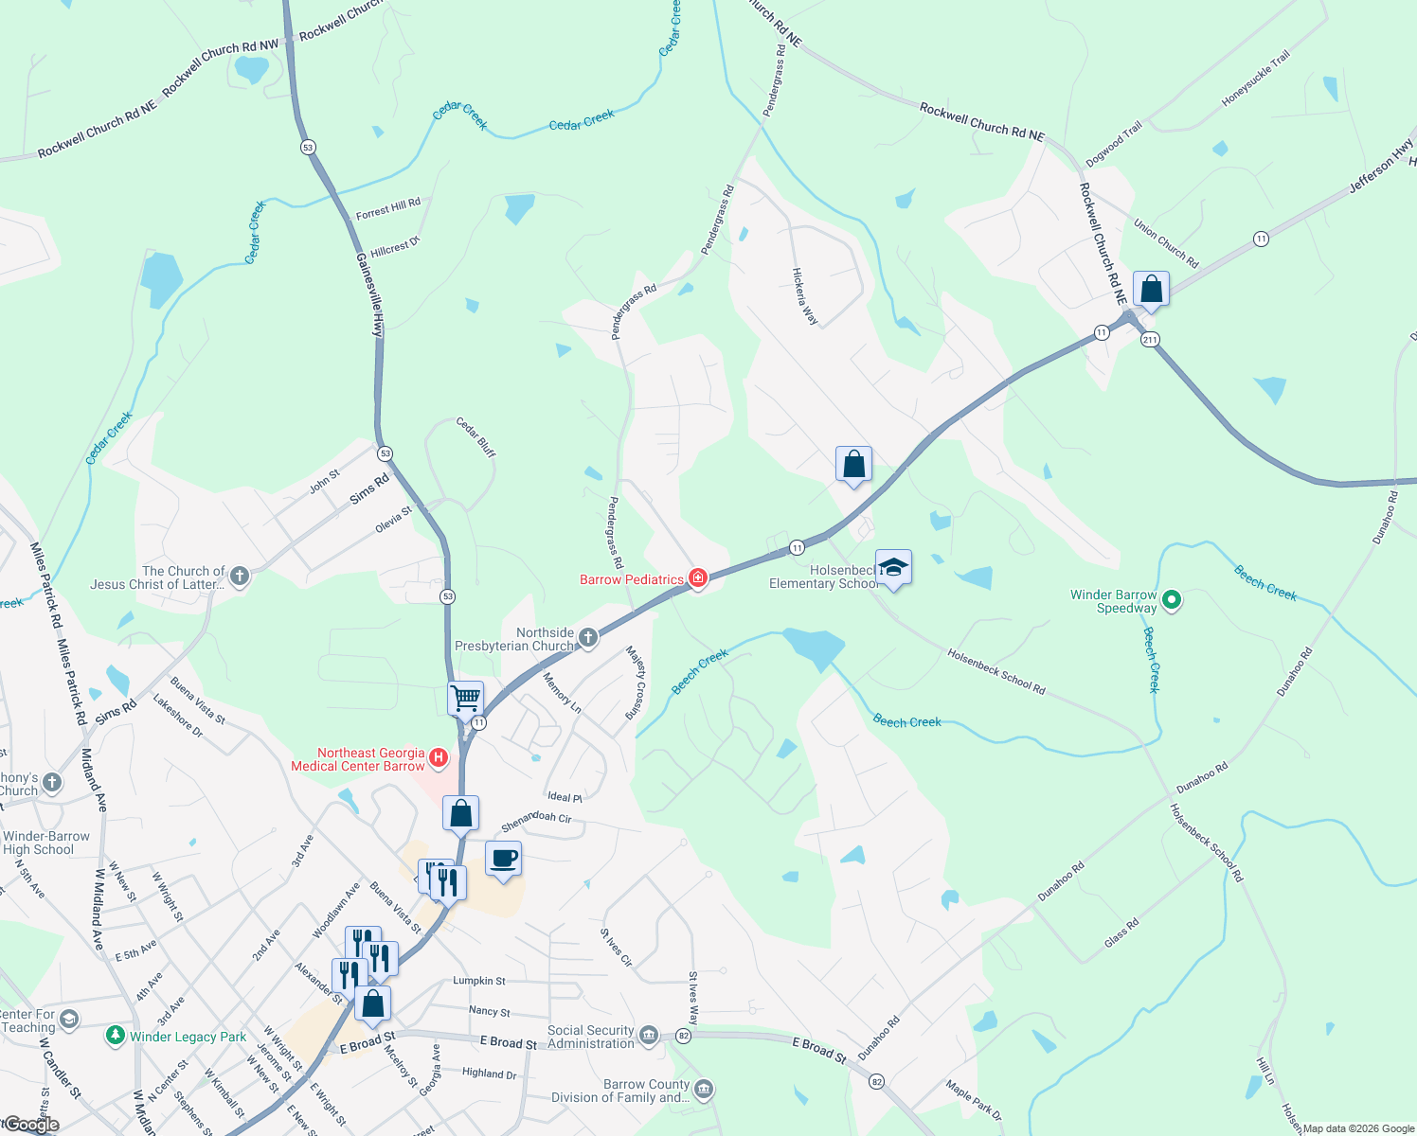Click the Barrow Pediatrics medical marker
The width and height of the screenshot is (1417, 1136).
698,578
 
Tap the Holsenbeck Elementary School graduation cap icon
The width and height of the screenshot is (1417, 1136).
893,567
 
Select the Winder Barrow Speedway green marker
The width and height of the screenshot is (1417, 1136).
1171,599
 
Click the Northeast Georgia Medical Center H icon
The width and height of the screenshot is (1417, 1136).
438,757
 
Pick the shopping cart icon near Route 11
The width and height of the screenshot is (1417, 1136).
465,699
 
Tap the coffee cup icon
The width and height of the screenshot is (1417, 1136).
503,859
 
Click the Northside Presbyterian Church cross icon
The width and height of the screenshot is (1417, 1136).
587,638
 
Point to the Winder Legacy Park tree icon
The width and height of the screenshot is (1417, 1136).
116,1036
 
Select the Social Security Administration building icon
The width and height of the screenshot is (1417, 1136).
648,1034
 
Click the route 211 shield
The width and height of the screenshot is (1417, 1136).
1150,339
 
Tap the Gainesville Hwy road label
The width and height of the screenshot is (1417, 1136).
369,294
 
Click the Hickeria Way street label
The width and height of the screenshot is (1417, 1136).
804,295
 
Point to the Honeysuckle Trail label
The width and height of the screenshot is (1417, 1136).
1256,79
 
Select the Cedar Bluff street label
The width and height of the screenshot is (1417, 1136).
475,437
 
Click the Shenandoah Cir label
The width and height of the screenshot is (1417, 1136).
536,821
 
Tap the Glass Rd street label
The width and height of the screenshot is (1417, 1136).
1121,932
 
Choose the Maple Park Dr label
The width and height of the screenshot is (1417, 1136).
973,1101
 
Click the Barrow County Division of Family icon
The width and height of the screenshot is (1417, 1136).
704,1090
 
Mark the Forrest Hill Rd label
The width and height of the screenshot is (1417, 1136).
387,208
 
